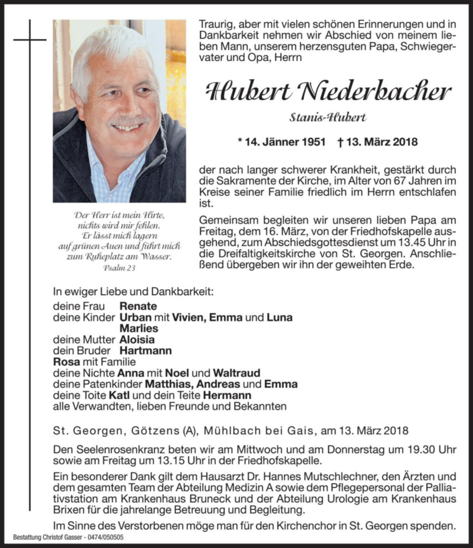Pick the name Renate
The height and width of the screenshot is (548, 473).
tap(138, 306)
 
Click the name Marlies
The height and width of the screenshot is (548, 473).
tap(139, 328)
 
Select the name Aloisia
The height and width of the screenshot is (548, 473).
tap(137, 340)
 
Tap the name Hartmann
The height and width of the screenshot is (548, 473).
tap(146, 351)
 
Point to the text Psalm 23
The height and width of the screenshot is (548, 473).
tap(119, 267)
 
